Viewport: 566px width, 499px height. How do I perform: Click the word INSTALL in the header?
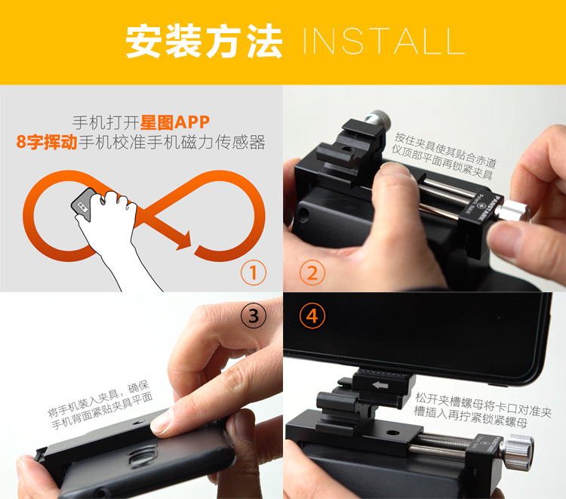383,42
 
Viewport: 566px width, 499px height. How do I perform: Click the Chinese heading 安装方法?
204,42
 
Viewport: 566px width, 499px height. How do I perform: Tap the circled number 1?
254,273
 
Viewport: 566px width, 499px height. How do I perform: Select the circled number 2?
312,273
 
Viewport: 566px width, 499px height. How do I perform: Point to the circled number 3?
254,316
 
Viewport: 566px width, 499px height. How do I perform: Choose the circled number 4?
312,316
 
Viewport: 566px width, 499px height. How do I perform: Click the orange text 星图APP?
175,122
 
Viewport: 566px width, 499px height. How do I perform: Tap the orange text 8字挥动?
47,142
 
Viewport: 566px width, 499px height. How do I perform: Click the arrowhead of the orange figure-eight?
183,240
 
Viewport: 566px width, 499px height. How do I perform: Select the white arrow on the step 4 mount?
380,385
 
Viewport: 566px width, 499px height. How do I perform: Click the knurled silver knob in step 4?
518,451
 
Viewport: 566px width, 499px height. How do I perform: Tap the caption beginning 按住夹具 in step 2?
444,156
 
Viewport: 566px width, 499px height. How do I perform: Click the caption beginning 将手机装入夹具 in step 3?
100,405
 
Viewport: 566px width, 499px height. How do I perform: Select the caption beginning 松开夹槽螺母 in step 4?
482,410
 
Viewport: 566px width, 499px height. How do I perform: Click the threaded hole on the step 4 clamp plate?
392,433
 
